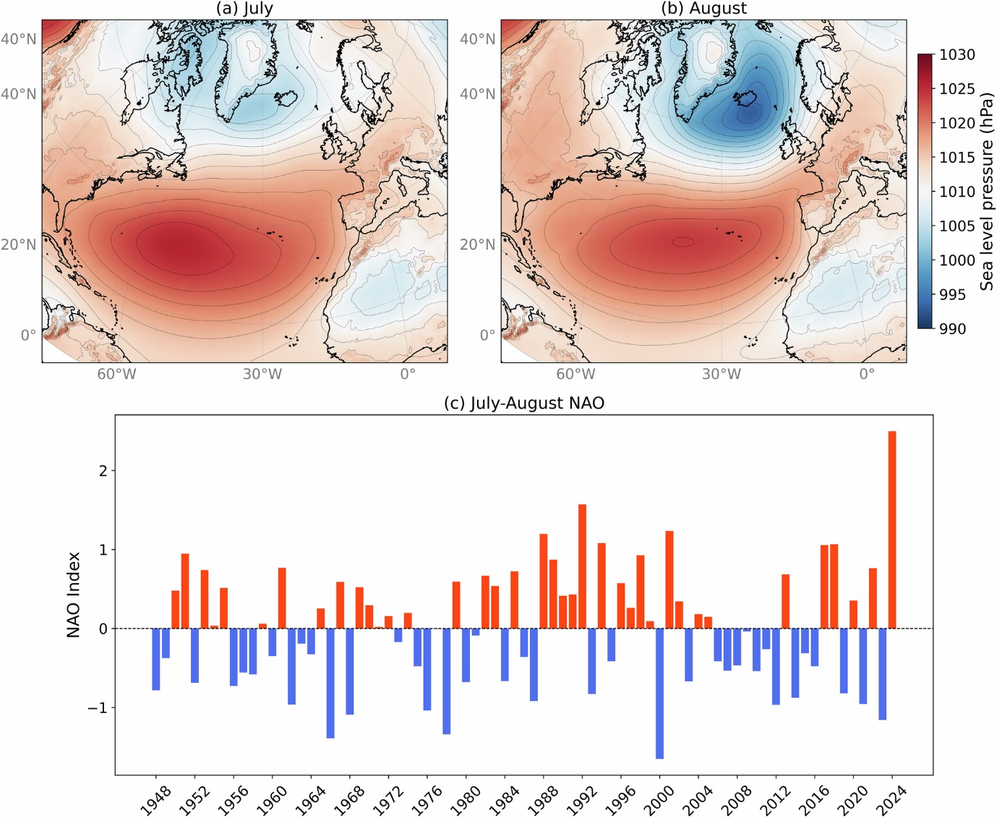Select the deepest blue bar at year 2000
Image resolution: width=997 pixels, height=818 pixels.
659,693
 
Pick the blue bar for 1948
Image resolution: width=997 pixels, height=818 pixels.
156,659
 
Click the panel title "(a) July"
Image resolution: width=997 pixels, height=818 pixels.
244,9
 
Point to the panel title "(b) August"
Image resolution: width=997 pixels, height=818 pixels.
703,9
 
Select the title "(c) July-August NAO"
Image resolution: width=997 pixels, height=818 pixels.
523,403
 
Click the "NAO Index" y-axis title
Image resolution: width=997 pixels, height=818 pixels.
73,595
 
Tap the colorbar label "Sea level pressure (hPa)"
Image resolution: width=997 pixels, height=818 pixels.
986,192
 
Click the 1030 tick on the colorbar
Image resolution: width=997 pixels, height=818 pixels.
957,55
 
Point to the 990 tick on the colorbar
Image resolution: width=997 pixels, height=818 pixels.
952,328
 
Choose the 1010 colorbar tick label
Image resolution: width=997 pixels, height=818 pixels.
957,192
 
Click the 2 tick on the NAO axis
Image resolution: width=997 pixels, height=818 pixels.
103,471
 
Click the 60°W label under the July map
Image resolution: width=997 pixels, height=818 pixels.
116,374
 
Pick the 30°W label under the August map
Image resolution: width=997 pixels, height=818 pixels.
721,374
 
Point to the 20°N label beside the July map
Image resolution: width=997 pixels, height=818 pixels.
19,244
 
